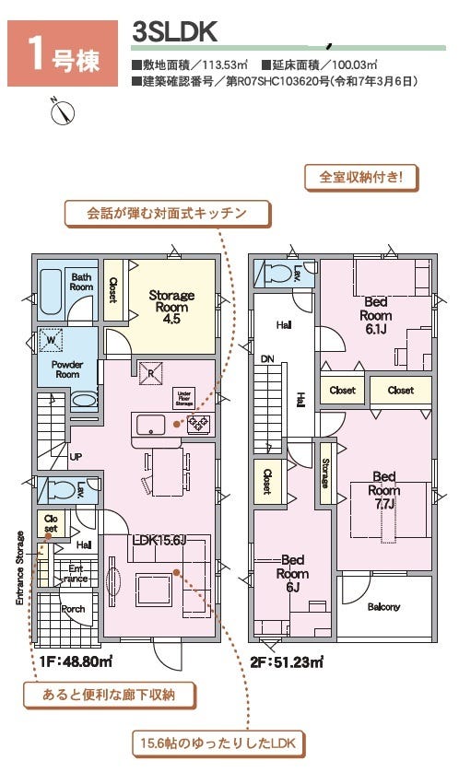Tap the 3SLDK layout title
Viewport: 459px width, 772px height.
pyautogui.click(x=175, y=31)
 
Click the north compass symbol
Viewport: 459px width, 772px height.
pyautogui.click(x=62, y=111)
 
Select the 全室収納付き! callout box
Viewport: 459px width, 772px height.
pyautogui.click(x=361, y=177)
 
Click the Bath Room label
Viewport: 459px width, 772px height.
pyautogui.click(x=82, y=282)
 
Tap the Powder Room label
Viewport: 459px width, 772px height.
pyautogui.click(x=66, y=368)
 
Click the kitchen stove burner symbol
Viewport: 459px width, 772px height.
pyautogui.click(x=198, y=424)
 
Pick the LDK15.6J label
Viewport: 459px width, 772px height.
pyautogui.click(x=159, y=540)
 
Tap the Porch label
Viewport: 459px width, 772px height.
pyautogui.click(x=73, y=609)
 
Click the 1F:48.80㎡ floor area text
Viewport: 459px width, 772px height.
pyautogui.click(x=76, y=661)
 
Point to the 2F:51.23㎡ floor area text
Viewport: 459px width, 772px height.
pyautogui.click(x=286, y=661)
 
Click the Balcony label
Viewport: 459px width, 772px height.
pyautogui.click(x=383, y=607)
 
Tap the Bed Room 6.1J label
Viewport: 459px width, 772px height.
pyautogui.click(x=376, y=314)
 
